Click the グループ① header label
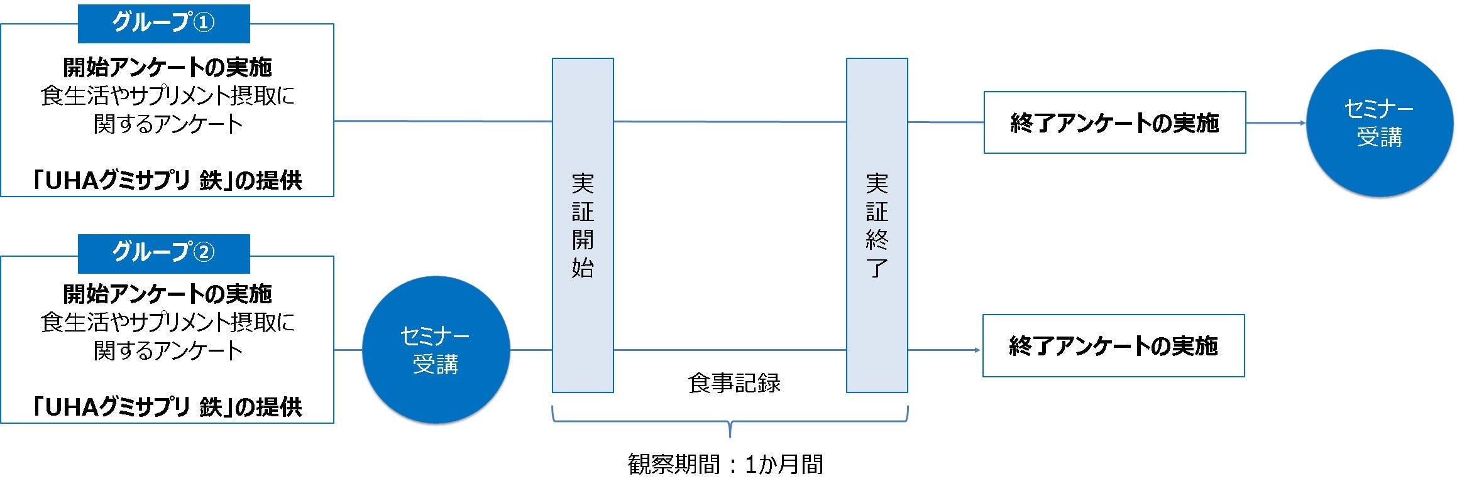coord(163,23)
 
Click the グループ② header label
coord(163,253)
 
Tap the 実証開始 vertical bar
coord(583,225)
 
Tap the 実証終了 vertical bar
coord(876,225)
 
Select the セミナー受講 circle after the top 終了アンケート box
coord(1379,123)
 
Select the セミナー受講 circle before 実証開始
coord(436,350)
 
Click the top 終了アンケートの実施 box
coord(1114,123)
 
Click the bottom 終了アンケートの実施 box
coord(1113,346)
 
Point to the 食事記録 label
coord(734,383)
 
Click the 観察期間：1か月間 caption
coord(725,465)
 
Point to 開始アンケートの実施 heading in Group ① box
coord(167,67)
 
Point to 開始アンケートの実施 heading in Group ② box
coord(167,294)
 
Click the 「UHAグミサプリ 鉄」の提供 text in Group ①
coord(167,181)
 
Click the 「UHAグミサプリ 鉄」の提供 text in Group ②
coord(167,407)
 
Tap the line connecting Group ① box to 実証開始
coord(443,121)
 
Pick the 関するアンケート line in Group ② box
coord(167,350)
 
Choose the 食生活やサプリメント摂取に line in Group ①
coord(167,95)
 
